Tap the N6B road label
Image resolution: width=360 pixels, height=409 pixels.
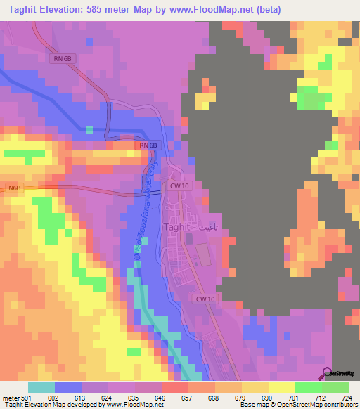tap(15, 188)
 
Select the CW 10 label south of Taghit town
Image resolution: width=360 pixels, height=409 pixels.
tap(205, 299)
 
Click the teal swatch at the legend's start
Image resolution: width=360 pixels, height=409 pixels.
tap(41, 387)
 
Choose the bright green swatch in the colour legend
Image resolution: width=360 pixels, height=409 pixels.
tap(309, 387)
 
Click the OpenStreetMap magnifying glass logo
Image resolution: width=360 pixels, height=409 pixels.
tap(327, 373)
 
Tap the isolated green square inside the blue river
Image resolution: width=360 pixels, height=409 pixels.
tap(89, 129)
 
